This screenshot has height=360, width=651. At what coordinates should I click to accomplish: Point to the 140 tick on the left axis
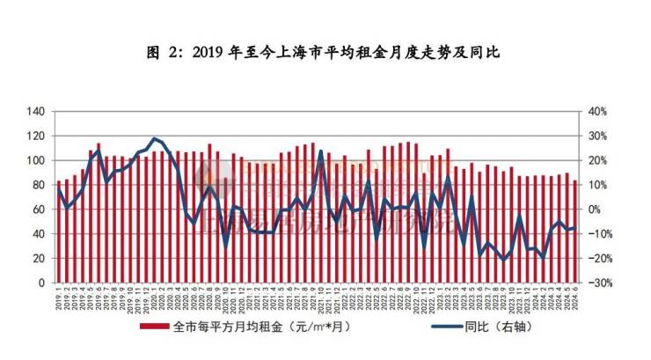[36, 111]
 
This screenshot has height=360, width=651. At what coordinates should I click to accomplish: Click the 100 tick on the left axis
[36, 160]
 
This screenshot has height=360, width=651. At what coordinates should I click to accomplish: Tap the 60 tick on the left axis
[39, 209]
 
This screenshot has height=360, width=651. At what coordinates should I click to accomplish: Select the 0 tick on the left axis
[41, 283]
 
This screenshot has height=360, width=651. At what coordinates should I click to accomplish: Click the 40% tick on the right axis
[598, 111]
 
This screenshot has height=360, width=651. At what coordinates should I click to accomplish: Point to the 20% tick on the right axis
[598, 160]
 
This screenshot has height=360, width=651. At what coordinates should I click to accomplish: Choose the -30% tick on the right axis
[600, 283]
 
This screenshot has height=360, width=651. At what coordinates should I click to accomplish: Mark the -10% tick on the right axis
[600, 234]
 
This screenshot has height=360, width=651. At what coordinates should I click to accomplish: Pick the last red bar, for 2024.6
[575, 232]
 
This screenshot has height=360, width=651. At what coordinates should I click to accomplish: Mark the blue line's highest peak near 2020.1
[155, 138]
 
